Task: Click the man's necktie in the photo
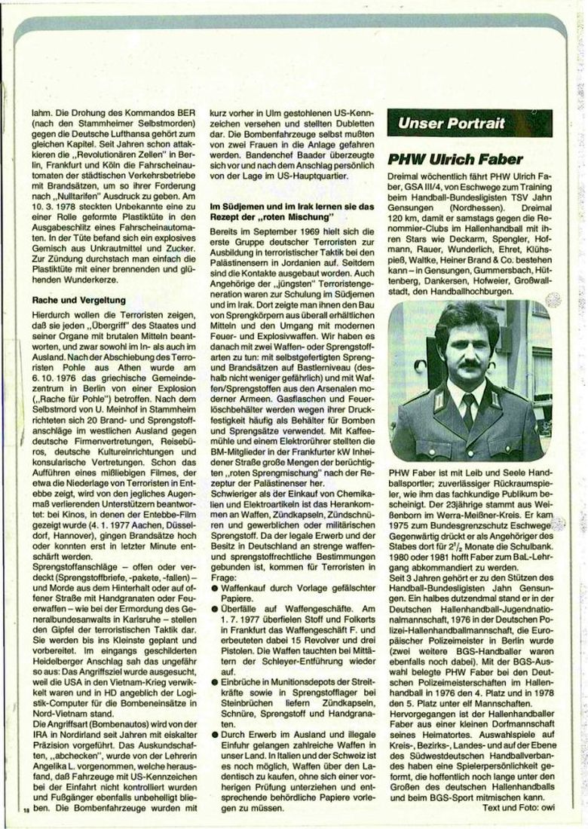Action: point(468,410)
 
